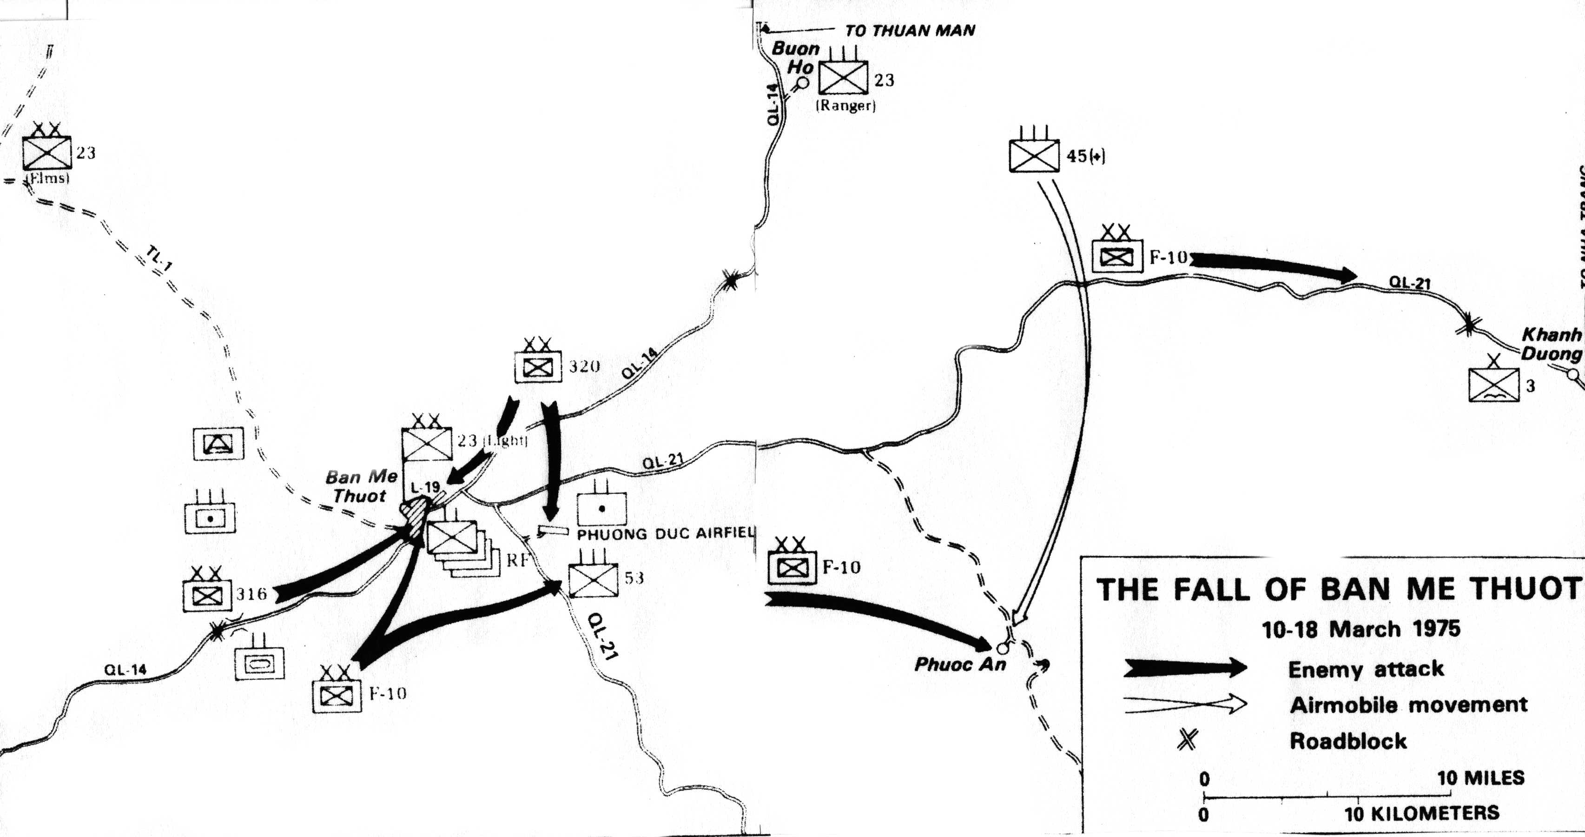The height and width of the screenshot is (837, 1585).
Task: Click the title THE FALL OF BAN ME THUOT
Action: coord(1338,589)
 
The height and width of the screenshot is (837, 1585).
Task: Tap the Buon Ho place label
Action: coord(795,57)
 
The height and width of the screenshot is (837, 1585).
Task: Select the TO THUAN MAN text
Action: coord(910,31)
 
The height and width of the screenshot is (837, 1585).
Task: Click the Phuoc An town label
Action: coord(959,664)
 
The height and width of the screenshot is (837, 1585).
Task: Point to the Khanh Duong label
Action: coord(1551,344)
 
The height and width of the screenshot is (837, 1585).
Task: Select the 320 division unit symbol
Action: coord(538,368)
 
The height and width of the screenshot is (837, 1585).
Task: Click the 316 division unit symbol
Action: coord(207,595)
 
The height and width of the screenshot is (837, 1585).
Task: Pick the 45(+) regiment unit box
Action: coord(1034,156)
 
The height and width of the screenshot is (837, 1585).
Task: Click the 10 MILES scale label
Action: coord(1480,777)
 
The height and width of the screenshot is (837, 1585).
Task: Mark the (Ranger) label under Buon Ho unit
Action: coord(845,106)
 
